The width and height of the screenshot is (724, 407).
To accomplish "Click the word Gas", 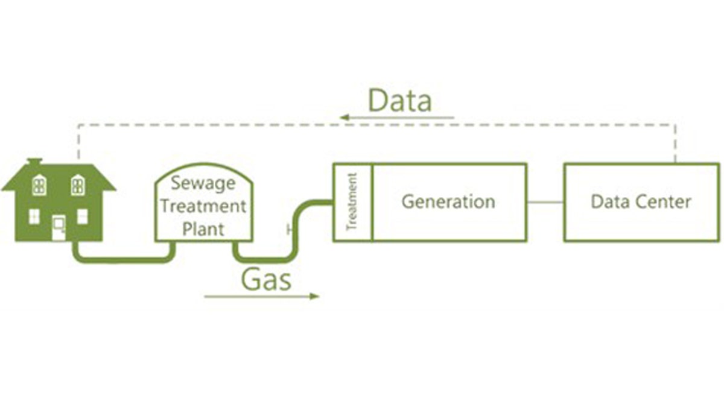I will [x=266, y=279].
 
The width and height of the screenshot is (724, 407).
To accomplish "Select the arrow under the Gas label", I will [x=261, y=296].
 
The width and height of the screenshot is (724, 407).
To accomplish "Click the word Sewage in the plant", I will [x=202, y=182].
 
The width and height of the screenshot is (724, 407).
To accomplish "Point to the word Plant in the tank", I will [x=203, y=229].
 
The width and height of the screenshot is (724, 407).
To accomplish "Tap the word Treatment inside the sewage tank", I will [x=203, y=206].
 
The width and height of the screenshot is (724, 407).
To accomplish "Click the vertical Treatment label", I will [x=352, y=202].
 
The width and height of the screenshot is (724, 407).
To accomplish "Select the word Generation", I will [x=448, y=201].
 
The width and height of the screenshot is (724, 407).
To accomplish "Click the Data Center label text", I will [x=641, y=201].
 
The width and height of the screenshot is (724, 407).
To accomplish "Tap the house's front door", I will [x=59, y=228].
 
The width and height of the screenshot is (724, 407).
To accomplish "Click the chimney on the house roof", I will [x=34, y=162].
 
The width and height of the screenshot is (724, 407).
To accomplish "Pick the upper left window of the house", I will [x=39, y=185].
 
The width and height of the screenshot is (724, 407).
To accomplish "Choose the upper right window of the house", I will [x=78, y=185].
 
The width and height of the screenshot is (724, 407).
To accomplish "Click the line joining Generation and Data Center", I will [x=545, y=202].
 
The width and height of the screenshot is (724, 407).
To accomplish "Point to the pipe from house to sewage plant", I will [x=121, y=259].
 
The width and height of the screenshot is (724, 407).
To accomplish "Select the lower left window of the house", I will [x=34, y=216].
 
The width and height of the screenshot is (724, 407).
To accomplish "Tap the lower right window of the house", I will [x=82, y=216].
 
